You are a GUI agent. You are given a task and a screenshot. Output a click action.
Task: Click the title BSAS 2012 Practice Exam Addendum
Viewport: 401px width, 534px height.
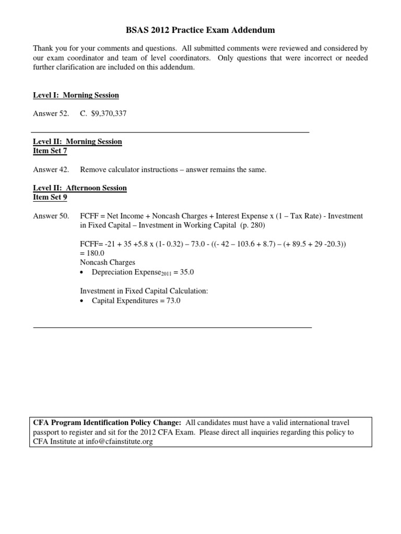pos(200,31)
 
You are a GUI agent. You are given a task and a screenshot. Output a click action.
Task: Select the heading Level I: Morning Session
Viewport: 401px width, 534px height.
pos(76,95)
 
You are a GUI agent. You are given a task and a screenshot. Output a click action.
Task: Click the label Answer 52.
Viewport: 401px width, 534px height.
pos(51,113)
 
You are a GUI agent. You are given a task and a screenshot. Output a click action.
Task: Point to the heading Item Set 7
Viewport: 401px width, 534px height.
pos(50,151)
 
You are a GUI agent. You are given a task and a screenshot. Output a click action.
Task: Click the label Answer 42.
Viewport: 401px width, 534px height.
pos(51,169)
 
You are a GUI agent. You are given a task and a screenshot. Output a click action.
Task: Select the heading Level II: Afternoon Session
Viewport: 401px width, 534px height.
pos(80,188)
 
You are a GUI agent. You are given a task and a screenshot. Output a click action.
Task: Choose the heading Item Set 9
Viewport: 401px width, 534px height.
pos(50,197)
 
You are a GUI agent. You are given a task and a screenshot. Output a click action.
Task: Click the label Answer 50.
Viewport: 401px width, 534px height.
pos(51,216)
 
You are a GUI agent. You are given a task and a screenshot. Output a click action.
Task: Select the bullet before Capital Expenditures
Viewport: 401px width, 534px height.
pos(83,301)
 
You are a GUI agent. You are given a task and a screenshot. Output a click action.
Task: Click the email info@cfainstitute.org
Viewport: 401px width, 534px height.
pos(120,442)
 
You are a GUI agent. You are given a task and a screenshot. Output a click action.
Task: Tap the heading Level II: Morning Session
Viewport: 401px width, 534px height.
pos(77,141)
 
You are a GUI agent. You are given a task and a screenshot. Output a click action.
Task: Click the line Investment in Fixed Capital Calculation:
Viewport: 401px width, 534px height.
pos(144,291)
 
